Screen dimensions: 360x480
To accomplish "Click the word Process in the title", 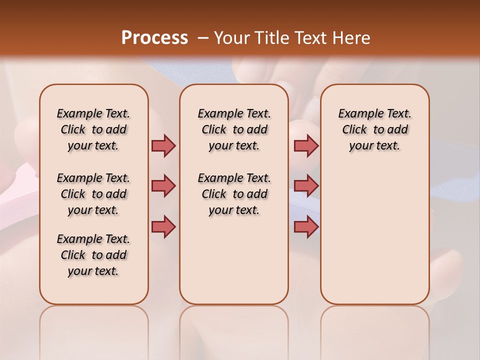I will (x=154, y=37).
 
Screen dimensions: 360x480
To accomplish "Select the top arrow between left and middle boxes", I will (x=163, y=145).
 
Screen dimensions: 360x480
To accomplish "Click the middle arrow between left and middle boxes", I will (x=163, y=186).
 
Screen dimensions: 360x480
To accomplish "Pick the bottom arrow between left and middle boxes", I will (x=163, y=226).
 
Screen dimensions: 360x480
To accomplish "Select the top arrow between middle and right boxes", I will (x=306, y=145).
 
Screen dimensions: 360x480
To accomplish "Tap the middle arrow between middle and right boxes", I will (x=306, y=186).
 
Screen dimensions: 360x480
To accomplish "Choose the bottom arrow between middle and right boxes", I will (x=306, y=226).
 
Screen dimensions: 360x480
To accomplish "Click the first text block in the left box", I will (x=93, y=129).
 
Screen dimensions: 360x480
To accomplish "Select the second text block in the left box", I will (x=93, y=194).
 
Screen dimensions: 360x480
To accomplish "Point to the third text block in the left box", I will (x=93, y=255).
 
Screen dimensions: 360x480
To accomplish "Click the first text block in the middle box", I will (x=234, y=129).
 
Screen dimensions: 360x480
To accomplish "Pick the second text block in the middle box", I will (x=234, y=194).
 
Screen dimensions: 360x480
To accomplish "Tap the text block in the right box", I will (x=375, y=129).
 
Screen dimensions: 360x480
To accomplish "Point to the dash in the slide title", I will (x=202, y=38).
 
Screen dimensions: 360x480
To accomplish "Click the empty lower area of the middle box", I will (x=234, y=260).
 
